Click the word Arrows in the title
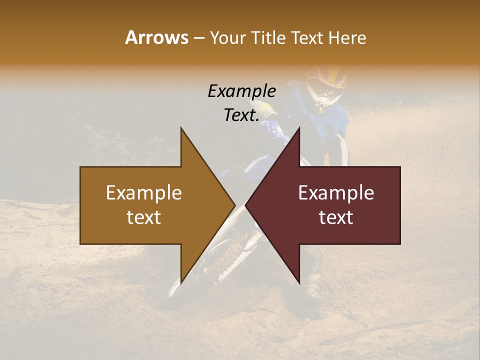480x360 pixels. point(156,37)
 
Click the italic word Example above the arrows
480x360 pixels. point(241,91)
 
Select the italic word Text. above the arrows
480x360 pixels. point(241,115)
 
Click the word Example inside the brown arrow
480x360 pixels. point(144,193)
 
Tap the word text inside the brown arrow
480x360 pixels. point(144,217)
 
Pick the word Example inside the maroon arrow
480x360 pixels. point(336,193)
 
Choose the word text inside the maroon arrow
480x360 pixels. point(336,217)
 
